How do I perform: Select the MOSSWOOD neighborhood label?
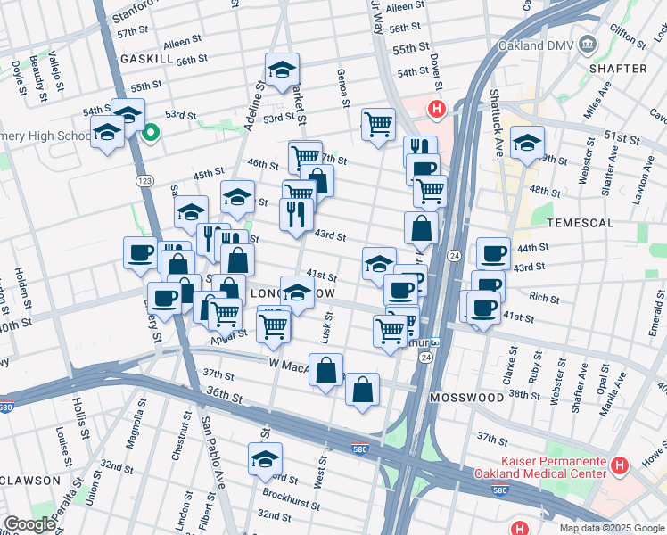coord(466,396)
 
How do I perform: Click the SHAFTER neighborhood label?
coord(618,68)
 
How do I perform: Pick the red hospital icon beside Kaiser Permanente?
coord(621,465)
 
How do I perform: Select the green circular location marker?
coord(151,134)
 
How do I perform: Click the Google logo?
coord(29,524)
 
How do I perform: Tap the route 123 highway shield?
coord(144,180)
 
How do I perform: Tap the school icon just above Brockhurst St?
coord(265,459)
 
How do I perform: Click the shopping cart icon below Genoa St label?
coord(378,124)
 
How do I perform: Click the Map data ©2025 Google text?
coord(612,527)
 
